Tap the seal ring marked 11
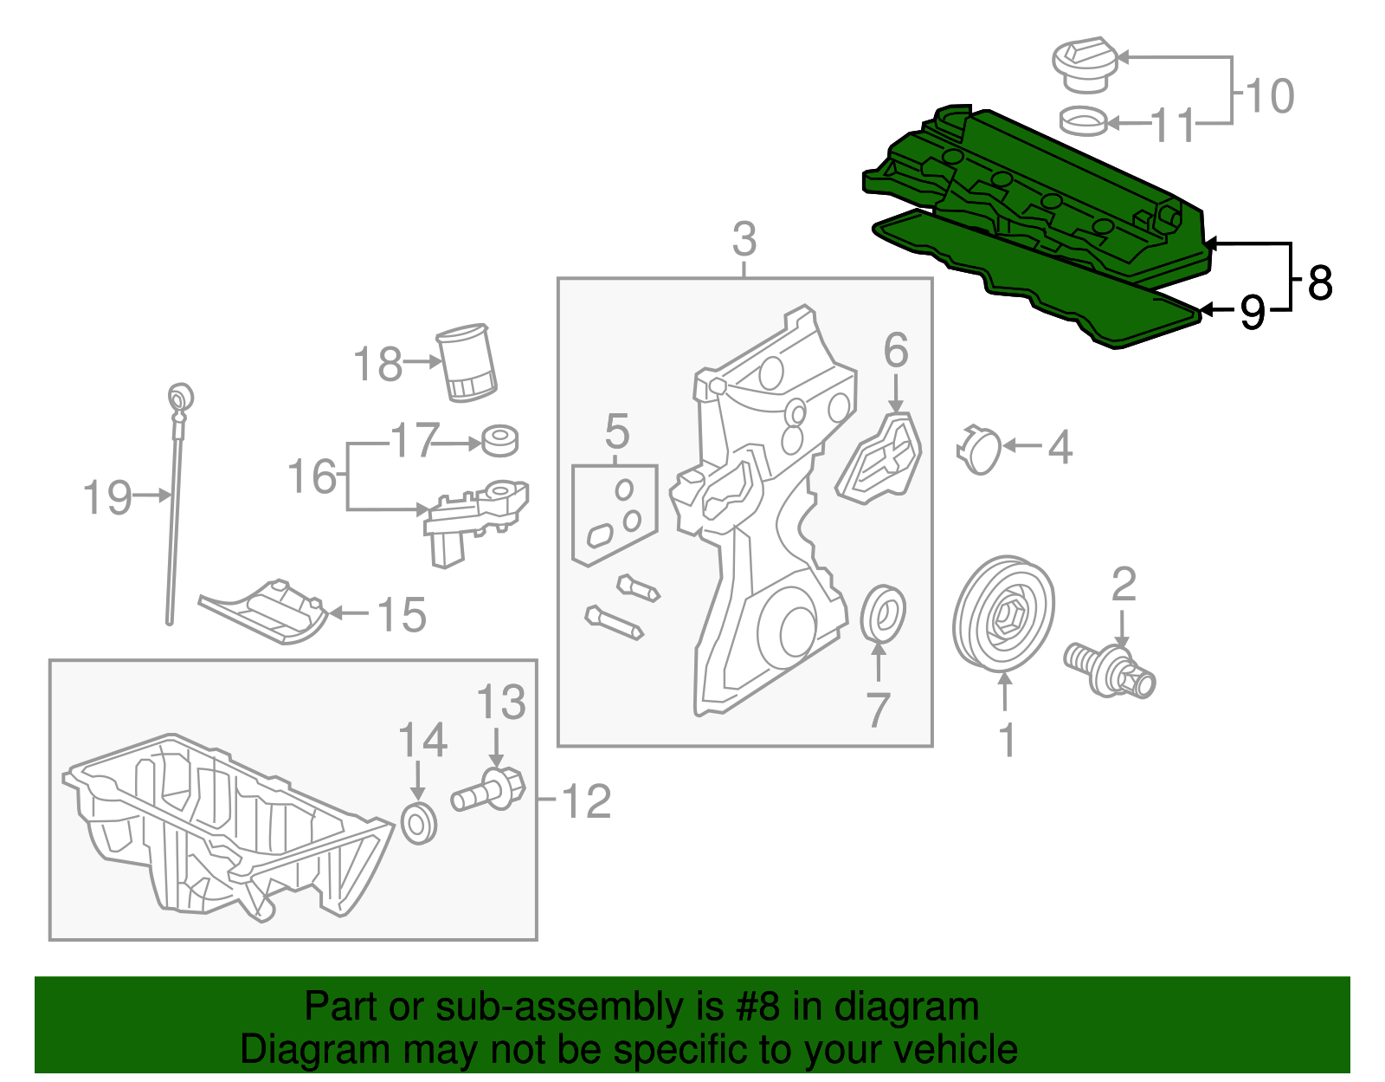click(x=1084, y=121)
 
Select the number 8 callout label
click(x=1320, y=282)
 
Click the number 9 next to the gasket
click(x=1253, y=311)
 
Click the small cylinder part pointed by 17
click(x=499, y=440)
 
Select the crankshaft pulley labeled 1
click(x=1004, y=613)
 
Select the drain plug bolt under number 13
click(x=490, y=789)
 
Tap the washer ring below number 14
click(x=420, y=823)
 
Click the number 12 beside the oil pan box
click(x=587, y=801)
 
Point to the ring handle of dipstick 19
click(x=181, y=397)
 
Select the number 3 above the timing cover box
click(x=744, y=239)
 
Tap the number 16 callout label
click(x=312, y=477)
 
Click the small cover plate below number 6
click(x=879, y=457)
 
